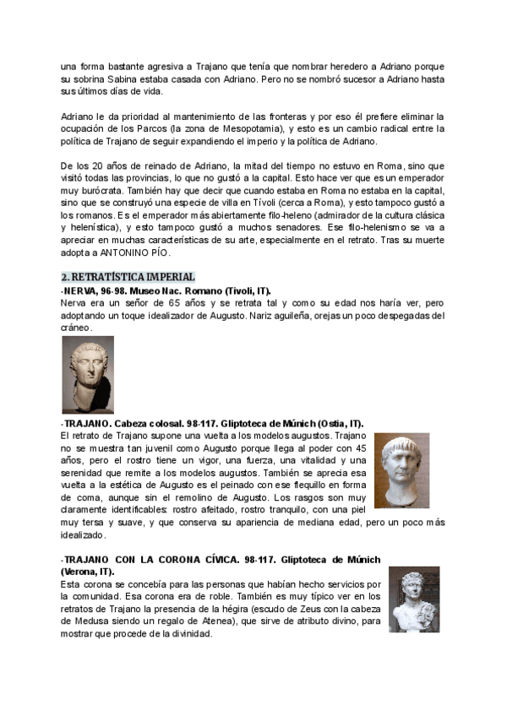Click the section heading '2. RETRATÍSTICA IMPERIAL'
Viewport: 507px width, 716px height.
128,277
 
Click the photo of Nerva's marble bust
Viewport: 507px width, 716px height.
88,374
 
